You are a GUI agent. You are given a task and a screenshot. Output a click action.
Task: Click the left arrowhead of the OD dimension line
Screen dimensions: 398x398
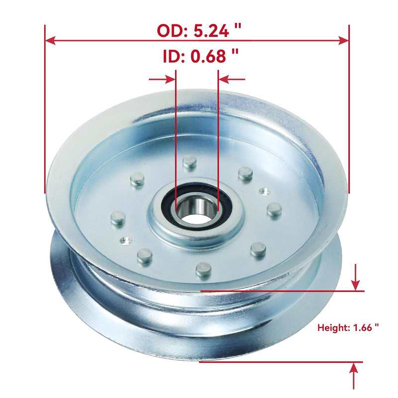point(50,40)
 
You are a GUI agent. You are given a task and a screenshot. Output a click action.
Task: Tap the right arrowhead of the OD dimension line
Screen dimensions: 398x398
point(344,40)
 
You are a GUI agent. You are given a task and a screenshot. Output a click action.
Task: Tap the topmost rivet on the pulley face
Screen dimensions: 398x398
point(189,161)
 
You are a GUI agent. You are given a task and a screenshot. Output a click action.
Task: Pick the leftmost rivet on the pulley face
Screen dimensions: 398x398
point(117,217)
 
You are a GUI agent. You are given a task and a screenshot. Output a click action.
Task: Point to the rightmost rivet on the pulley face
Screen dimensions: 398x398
point(274,208)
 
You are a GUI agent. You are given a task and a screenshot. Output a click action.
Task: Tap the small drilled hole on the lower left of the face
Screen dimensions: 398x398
point(124,240)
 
